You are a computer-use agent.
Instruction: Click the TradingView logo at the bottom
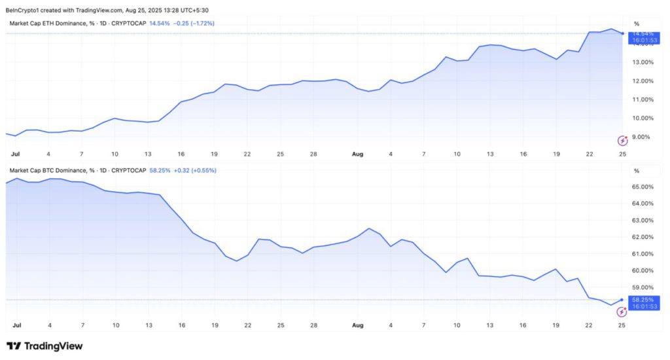44,346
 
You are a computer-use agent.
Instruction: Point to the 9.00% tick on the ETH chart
641,137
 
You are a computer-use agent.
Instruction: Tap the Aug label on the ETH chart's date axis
357,154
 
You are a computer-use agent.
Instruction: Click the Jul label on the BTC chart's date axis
16,325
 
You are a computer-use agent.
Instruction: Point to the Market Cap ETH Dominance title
50,24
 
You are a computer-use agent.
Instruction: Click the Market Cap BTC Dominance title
50,171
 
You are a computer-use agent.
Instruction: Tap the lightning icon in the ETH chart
623,140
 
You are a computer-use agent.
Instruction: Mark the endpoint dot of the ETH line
622,33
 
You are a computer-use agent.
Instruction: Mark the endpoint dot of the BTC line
622,300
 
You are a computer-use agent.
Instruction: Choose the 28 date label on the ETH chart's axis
314,154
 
